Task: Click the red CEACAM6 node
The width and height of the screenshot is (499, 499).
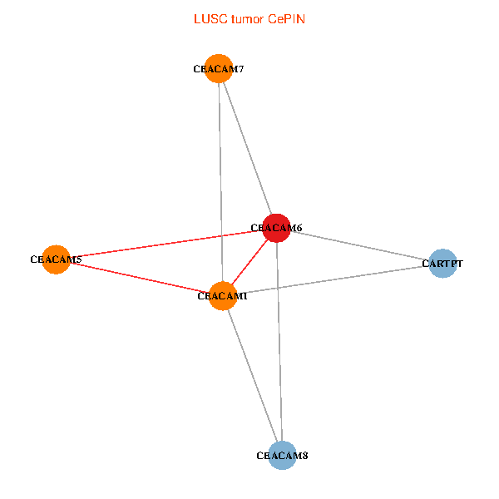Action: point(276,228)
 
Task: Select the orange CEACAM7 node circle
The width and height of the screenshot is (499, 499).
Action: point(219,69)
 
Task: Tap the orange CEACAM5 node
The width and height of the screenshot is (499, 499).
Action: point(56,259)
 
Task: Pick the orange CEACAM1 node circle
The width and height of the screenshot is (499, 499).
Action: point(223,295)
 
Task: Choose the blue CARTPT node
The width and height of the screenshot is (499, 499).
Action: point(442,264)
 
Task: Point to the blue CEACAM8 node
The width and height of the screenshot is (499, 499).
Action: point(283,455)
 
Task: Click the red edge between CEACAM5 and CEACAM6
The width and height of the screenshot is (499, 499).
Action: point(166,244)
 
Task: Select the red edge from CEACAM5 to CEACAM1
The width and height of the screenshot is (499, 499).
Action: point(139,277)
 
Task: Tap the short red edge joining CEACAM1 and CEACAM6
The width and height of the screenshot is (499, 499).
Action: point(249,262)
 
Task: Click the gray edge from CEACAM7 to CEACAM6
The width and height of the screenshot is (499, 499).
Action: point(247,148)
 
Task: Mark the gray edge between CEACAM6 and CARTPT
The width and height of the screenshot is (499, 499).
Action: point(359,246)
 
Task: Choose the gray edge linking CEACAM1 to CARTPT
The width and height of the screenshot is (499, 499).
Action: point(333,279)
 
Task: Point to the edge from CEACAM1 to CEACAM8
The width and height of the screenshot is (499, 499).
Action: point(253,375)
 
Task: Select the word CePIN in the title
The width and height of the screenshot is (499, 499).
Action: point(286,18)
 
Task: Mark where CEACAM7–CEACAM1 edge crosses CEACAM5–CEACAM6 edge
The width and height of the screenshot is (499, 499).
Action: point(221,235)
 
